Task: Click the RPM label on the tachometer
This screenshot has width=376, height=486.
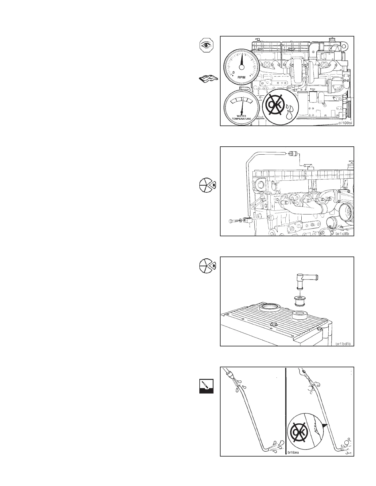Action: coord(241,78)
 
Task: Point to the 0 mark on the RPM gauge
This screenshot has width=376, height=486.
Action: coord(234,73)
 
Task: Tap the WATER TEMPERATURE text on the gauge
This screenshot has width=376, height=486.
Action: coord(241,117)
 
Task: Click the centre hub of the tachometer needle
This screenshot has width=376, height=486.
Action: coord(241,67)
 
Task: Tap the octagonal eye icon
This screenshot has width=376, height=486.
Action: coord(206,45)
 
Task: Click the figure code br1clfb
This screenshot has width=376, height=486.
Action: coord(344,233)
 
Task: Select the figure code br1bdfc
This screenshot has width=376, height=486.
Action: coord(343,344)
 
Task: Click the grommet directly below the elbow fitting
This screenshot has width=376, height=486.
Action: coord(299,301)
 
